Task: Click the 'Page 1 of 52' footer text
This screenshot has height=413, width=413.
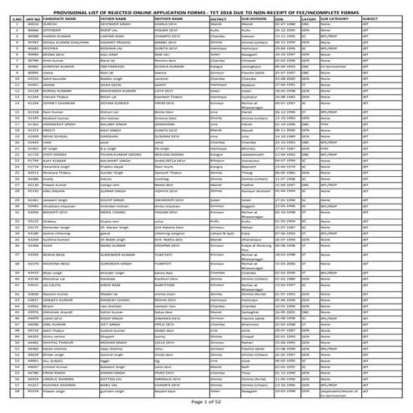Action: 206,404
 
